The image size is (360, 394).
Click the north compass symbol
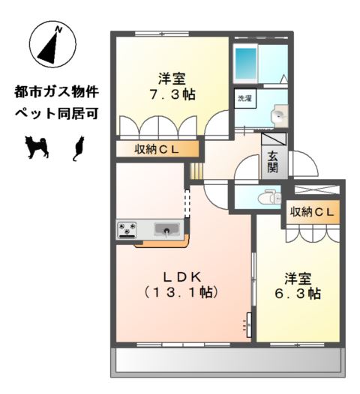tap(51, 45)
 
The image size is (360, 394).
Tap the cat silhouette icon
tap(77, 148)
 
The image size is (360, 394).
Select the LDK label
tap(180, 273)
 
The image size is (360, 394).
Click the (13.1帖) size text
tap(180, 292)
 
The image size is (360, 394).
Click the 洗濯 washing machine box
tap(244, 99)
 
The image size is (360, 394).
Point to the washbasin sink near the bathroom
tap(277, 116)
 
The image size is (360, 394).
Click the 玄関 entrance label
tap(271, 163)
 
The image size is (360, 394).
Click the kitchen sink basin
tap(166, 229)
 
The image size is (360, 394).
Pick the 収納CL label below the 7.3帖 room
tap(157, 151)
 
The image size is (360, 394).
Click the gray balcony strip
tap(229, 363)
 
